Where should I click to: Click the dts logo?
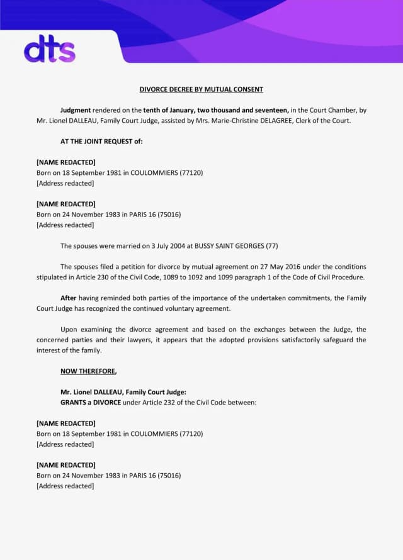click(49, 50)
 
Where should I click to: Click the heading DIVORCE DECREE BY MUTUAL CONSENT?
click(201, 89)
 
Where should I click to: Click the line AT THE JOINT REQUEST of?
click(101, 142)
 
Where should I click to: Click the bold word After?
click(69, 298)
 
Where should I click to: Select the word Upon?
click(69, 329)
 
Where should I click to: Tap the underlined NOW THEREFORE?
click(88, 371)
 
